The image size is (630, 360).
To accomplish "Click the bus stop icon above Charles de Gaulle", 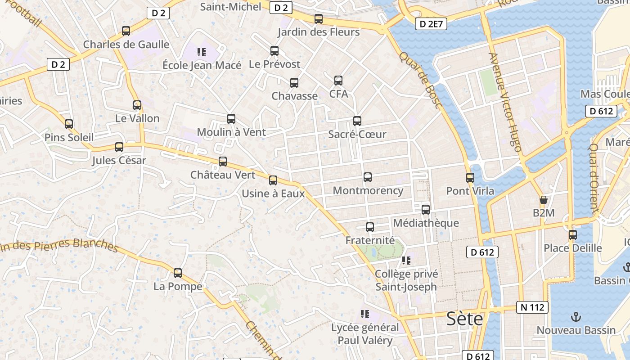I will (x=126, y=31).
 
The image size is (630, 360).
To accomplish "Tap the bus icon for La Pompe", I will (x=178, y=273).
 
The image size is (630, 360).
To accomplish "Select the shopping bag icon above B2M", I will (x=544, y=200).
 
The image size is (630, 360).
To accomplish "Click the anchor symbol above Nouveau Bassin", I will (x=576, y=317).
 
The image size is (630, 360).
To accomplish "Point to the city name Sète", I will (x=464, y=319).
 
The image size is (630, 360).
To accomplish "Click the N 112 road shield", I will (x=532, y=307).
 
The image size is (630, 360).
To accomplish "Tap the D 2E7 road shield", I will (x=431, y=24).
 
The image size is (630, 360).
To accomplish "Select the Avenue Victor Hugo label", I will (x=505, y=102).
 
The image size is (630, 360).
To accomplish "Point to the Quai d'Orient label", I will (x=594, y=178).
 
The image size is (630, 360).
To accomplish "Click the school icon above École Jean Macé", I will (x=202, y=52).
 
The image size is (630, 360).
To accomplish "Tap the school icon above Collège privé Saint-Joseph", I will (x=406, y=261).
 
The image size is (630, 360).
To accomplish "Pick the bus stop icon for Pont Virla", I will (x=470, y=178).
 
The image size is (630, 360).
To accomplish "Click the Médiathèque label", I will (x=426, y=223).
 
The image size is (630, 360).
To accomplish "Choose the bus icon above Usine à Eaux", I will (x=273, y=180).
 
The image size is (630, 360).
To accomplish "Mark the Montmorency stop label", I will (x=368, y=190).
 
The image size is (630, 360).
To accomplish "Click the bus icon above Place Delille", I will (x=572, y=235).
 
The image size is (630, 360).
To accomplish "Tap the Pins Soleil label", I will (x=69, y=137).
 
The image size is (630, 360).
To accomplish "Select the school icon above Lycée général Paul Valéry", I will (x=365, y=314).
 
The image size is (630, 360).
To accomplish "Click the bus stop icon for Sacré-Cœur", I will (x=357, y=121).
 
